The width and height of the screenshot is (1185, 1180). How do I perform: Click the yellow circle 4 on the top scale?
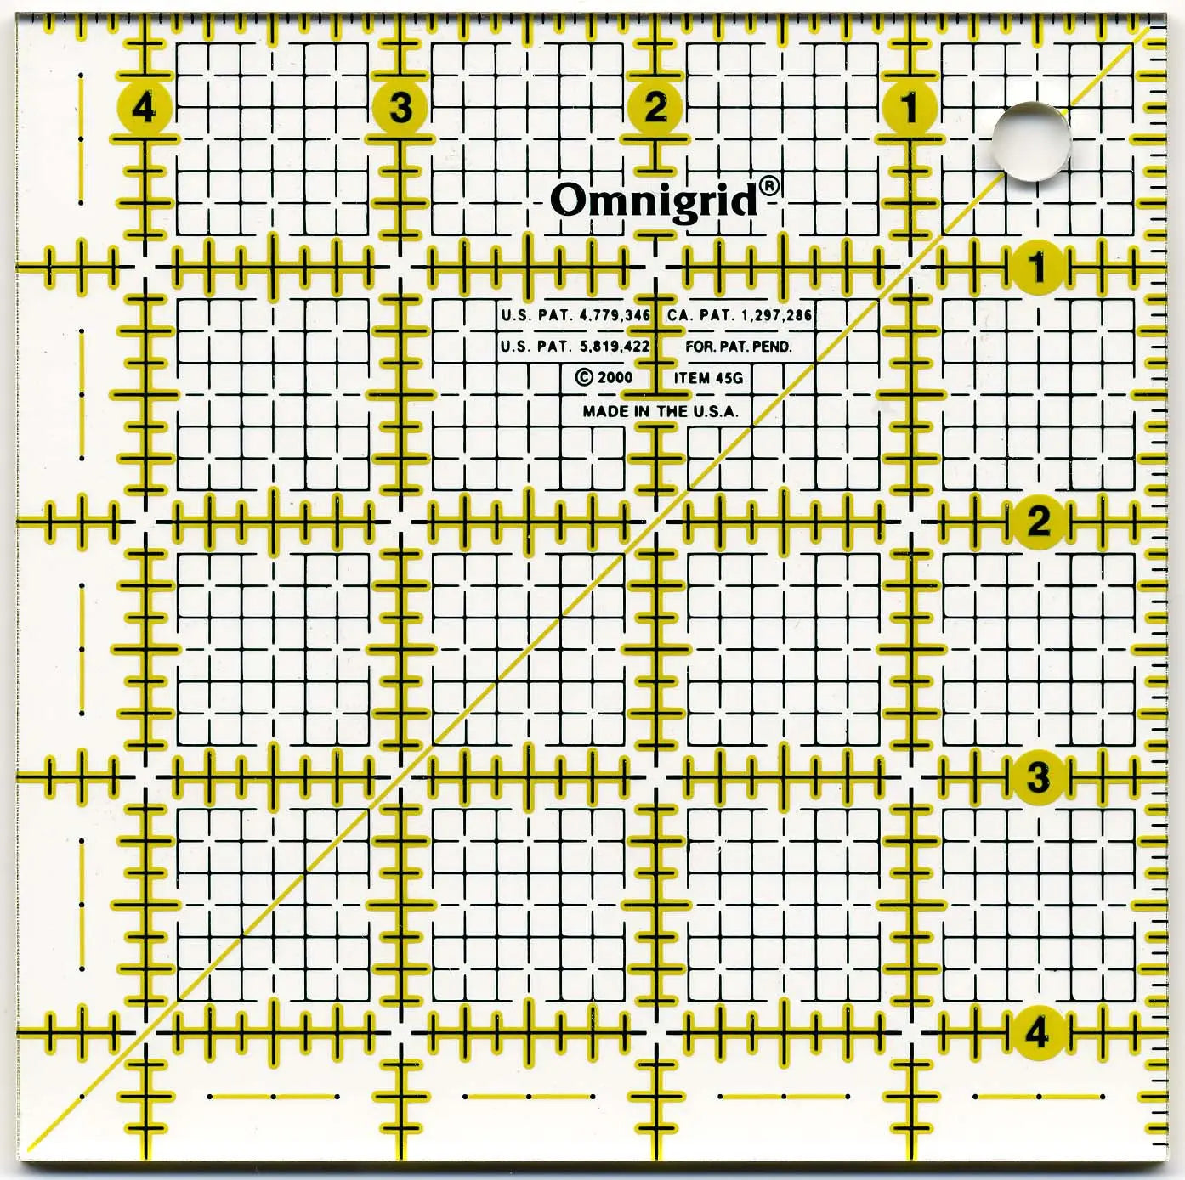click(x=145, y=109)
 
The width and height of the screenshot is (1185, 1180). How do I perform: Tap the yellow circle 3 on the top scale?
click(x=400, y=108)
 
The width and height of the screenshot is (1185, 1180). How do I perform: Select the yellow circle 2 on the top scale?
click(x=655, y=108)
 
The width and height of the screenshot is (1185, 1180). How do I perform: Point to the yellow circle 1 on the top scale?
click(x=910, y=108)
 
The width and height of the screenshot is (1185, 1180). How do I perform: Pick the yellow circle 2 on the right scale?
click(x=1038, y=521)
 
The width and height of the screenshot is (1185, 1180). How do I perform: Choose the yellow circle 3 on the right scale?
click(x=1038, y=776)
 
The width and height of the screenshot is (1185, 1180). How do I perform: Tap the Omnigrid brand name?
click(x=653, y=200)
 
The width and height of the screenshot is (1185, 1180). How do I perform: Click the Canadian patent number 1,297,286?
click(x=777, y=315)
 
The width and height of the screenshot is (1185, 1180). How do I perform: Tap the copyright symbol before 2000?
click(x=583, y=377)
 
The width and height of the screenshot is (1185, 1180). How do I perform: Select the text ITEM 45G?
click(x=708, y=378)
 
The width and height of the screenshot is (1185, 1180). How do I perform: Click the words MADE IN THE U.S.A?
click(x=661, y=411)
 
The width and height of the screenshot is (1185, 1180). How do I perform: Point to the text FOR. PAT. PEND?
click(x=738, y=347)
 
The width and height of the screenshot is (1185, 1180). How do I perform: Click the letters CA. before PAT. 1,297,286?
click(x=678, y=315)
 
